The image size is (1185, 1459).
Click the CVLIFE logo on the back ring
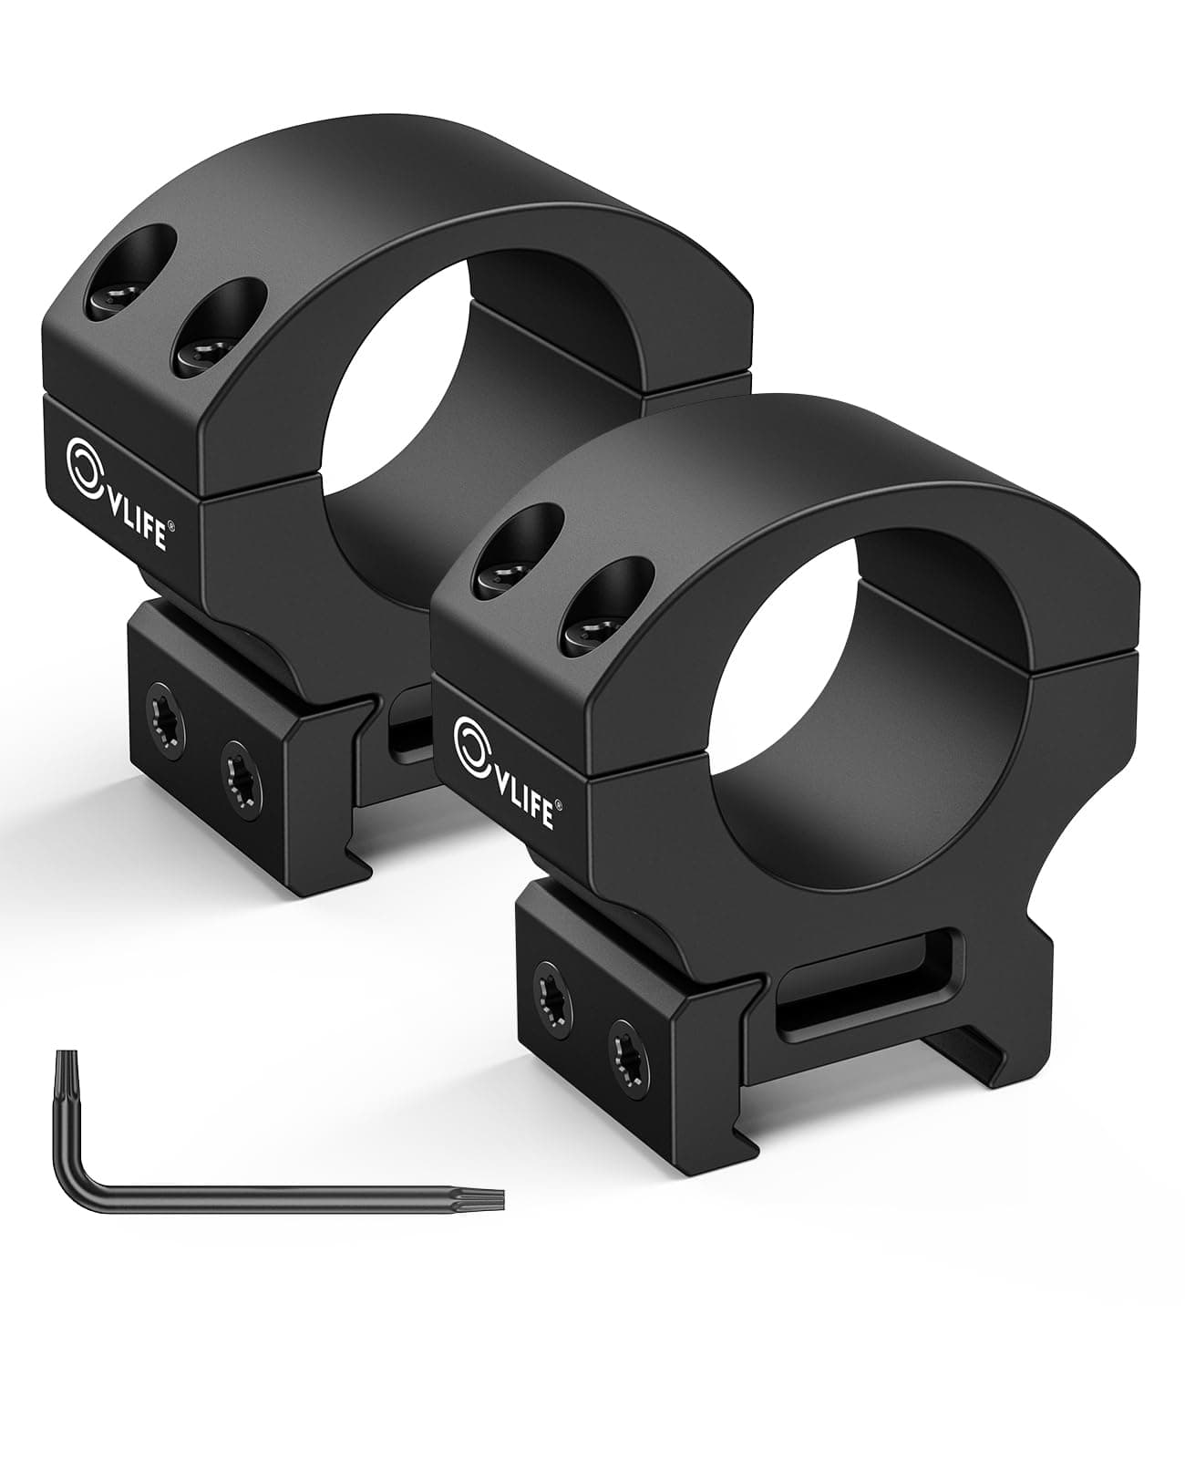[116, 493]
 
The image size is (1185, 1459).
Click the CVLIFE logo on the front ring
[504, 771]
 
